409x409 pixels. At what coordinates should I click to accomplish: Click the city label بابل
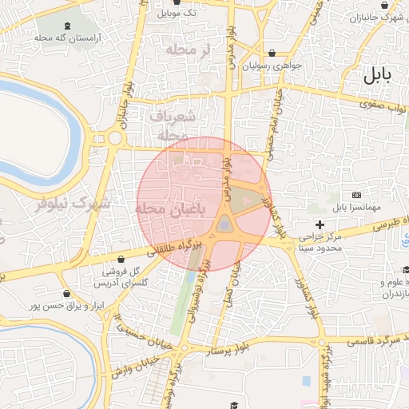click(x=378, y=76)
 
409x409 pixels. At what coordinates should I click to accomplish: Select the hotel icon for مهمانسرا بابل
click(x=356, y=196)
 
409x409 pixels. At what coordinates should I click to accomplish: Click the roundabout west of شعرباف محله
click(x=115, y=137)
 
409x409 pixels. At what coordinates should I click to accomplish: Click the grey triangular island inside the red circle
click(x=226, y=223)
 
